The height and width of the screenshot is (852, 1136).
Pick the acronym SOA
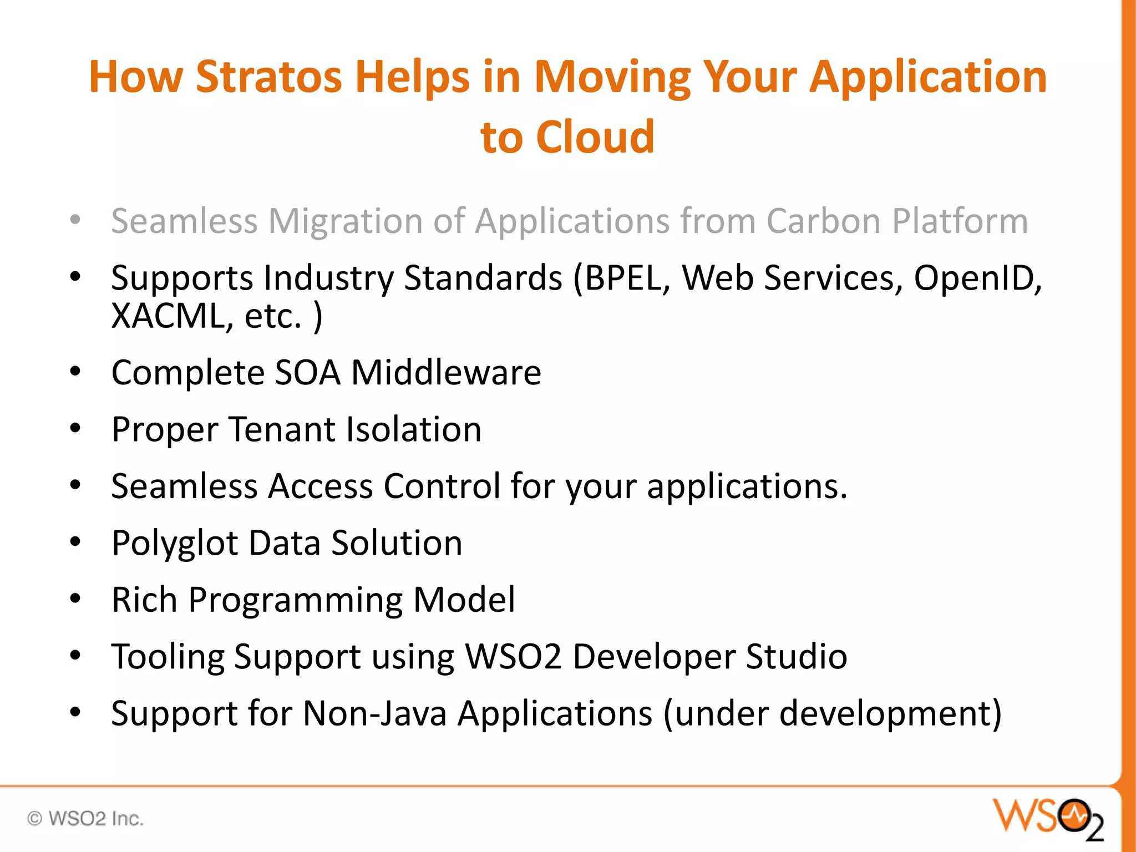(307, 372)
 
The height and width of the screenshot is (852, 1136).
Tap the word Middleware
(446, 372)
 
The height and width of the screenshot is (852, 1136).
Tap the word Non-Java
(374, 713)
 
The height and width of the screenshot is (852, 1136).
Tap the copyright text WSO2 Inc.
(86, 819)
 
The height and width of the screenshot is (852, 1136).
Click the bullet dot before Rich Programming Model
(75, 599)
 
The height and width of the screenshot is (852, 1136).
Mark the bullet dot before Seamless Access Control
(75, 485)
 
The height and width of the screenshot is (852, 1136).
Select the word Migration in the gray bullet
(345, 221)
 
